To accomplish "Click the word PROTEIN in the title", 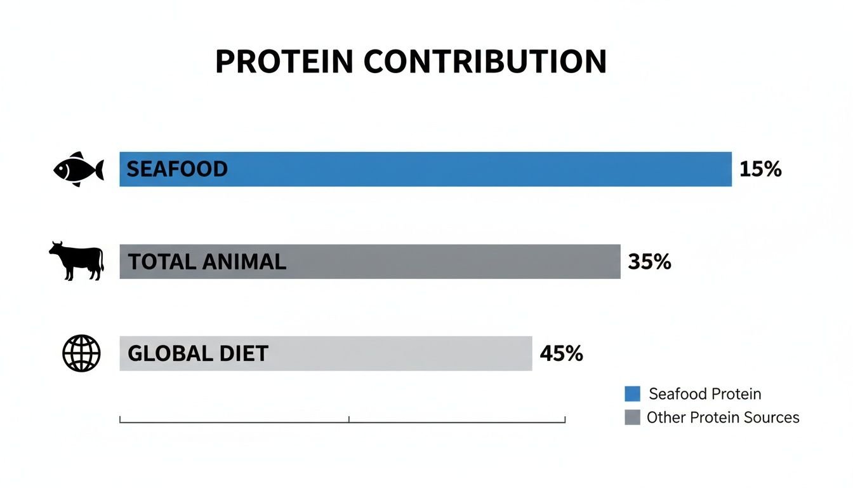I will [x=284, y=62].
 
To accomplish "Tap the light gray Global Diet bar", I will [x=381, y=353].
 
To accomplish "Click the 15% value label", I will [x=760, y=170].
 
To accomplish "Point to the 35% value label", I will [x=649, y=262].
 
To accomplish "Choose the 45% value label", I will [x=561, y=353].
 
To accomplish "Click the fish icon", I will [x=79, y=169].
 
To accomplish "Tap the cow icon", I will [x=77, y=261].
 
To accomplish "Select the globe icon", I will [x=81, y=353].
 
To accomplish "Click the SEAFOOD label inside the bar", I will [x=177, y=169].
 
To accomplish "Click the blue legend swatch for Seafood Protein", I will [x=632, y=394].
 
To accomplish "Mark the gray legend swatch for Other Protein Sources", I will [x=632, y=417].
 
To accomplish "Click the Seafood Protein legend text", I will [x=704, y=394].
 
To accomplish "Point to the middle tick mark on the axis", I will [x=349, y=419].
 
